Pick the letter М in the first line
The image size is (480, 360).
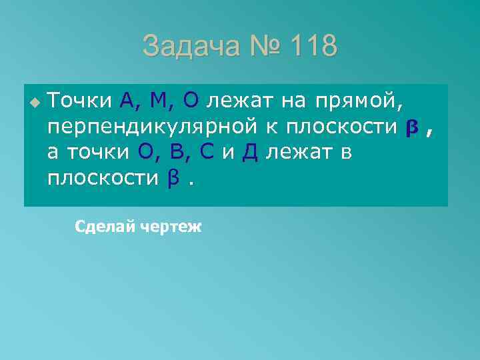[162, 101]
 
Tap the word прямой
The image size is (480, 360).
[364, 101]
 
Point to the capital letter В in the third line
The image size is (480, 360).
[177, 153]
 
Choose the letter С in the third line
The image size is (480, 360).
[207, 153]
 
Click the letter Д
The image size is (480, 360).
[250, 153]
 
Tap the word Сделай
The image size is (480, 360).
[104, 227]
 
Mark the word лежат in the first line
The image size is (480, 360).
[237, 101]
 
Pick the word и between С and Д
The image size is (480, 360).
[228, 153]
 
